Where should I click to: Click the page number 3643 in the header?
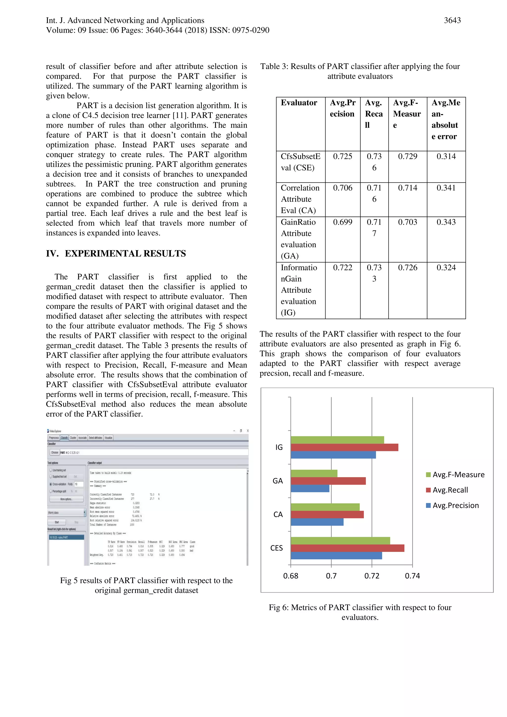pos(452,21)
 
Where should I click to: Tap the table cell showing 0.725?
pos(342,156)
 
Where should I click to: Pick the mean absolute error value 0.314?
pos(446,156)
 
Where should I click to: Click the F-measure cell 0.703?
pos(407,222)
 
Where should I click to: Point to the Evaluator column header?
pos(299,103)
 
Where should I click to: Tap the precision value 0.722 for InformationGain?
pos(342,268)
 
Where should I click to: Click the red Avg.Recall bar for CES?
pos(347,548)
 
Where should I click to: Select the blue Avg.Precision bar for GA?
pos(310,488)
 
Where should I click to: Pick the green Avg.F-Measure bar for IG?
pos(337,440)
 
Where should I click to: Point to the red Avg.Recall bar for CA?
pos(327,514)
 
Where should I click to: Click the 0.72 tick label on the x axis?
pos(372,576)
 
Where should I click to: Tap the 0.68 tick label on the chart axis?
pos(291,576)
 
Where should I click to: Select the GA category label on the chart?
pos(278,481)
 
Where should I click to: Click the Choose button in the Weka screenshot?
pos(55,452)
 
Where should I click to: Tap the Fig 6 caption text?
pos(360,612)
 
